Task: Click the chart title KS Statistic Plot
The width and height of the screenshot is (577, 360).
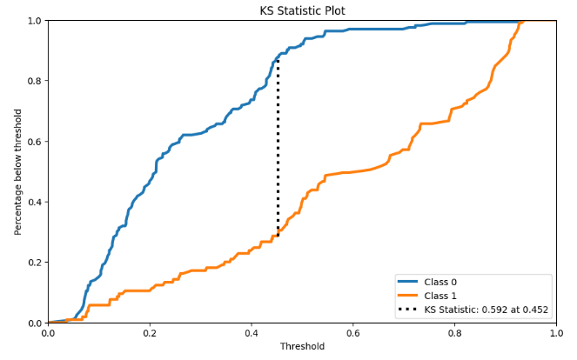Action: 302,10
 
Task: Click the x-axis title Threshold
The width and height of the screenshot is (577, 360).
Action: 302,346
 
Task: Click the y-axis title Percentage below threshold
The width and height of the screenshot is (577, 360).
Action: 18,171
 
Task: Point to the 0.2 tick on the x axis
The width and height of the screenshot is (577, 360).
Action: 150,332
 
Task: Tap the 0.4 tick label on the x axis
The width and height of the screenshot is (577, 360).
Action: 252,332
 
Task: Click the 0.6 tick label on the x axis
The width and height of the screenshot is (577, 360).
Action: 353,332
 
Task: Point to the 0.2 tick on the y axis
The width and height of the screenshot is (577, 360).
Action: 34,263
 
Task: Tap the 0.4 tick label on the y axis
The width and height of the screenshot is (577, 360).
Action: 34,202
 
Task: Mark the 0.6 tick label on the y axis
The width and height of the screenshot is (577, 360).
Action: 34,142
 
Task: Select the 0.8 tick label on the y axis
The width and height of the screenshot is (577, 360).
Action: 34,81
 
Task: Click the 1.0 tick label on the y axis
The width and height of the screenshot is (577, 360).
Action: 34,21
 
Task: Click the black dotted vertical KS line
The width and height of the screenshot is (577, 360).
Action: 278,148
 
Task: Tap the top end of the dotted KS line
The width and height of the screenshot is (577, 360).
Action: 278,58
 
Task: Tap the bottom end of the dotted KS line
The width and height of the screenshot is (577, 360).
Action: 278,236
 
